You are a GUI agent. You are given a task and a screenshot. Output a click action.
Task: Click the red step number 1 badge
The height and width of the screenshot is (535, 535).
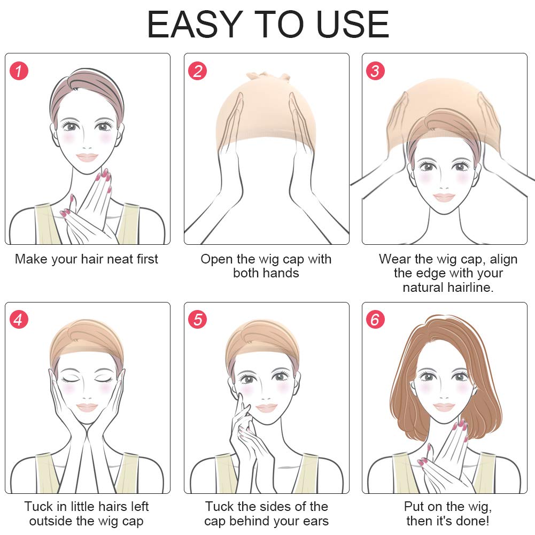pos(19,71)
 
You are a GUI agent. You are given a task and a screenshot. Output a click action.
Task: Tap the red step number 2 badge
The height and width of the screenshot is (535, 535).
pos(198,71)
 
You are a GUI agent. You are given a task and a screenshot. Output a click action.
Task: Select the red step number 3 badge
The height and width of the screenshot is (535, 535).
pos(375,71)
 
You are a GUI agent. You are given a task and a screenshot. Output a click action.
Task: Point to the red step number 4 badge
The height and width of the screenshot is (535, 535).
pos(19,320)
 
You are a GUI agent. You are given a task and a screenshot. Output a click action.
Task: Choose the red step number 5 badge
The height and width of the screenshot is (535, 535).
pos(198,320)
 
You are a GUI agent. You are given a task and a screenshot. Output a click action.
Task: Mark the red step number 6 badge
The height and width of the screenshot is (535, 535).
pos(375,320)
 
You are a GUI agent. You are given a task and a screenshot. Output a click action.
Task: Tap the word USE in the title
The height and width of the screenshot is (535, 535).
pos(353,24)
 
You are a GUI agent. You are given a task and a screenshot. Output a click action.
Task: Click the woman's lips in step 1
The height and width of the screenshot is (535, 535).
pos(87,157)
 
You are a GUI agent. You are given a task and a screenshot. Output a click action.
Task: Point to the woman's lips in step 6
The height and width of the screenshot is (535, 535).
pos(444,407)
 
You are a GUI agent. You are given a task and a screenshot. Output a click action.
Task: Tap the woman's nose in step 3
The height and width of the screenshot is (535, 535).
pos(444,188)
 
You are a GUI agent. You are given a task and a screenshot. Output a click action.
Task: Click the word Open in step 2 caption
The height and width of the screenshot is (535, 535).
pos(216,260)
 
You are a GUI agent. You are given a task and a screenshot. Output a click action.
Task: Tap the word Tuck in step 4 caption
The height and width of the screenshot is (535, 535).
pos(38,507)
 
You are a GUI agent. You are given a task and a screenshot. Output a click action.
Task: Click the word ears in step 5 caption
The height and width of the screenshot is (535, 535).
pos(315,521)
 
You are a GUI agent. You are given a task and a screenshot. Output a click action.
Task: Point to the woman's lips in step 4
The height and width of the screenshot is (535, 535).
pos(87,407)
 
